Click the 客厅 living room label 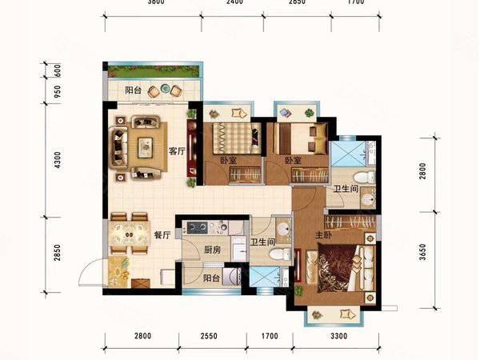pos(178,151)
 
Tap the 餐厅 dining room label pos(162,235)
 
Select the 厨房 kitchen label pos(212,250)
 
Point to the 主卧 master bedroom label pos(323,235)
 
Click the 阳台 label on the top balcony pos(133,90)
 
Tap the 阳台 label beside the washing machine pos(211,278)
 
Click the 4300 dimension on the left pos(58,160)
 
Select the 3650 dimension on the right pos(422,252)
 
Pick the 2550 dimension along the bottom pos(209,336)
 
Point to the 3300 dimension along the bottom pos(339,336)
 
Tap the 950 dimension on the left pos(58,91)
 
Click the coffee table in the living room pos(145,147)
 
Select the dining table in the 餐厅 pos(129,234)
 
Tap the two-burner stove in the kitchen pos(198,227)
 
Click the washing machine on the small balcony pos(231,277)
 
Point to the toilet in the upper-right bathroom pos(364,178)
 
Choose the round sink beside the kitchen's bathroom pos(283,229)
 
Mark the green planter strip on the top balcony pos(154,71)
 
